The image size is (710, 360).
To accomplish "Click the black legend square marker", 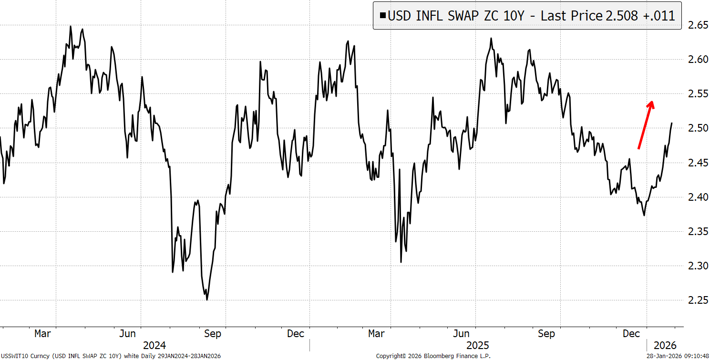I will (x=382, y=16).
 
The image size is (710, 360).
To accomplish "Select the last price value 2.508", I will (x=622, y=16).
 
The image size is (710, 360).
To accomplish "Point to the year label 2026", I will (x=664, y=345).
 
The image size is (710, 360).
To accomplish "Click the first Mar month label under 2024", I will (x=43, y=333).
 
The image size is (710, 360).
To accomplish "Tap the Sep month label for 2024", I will (x=212, y=333).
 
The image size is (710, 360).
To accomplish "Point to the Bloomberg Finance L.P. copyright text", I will (x=433, y=356).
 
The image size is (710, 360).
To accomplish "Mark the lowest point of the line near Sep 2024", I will (x=207, y=300).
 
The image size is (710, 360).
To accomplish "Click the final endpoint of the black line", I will (x=672, y=123).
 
